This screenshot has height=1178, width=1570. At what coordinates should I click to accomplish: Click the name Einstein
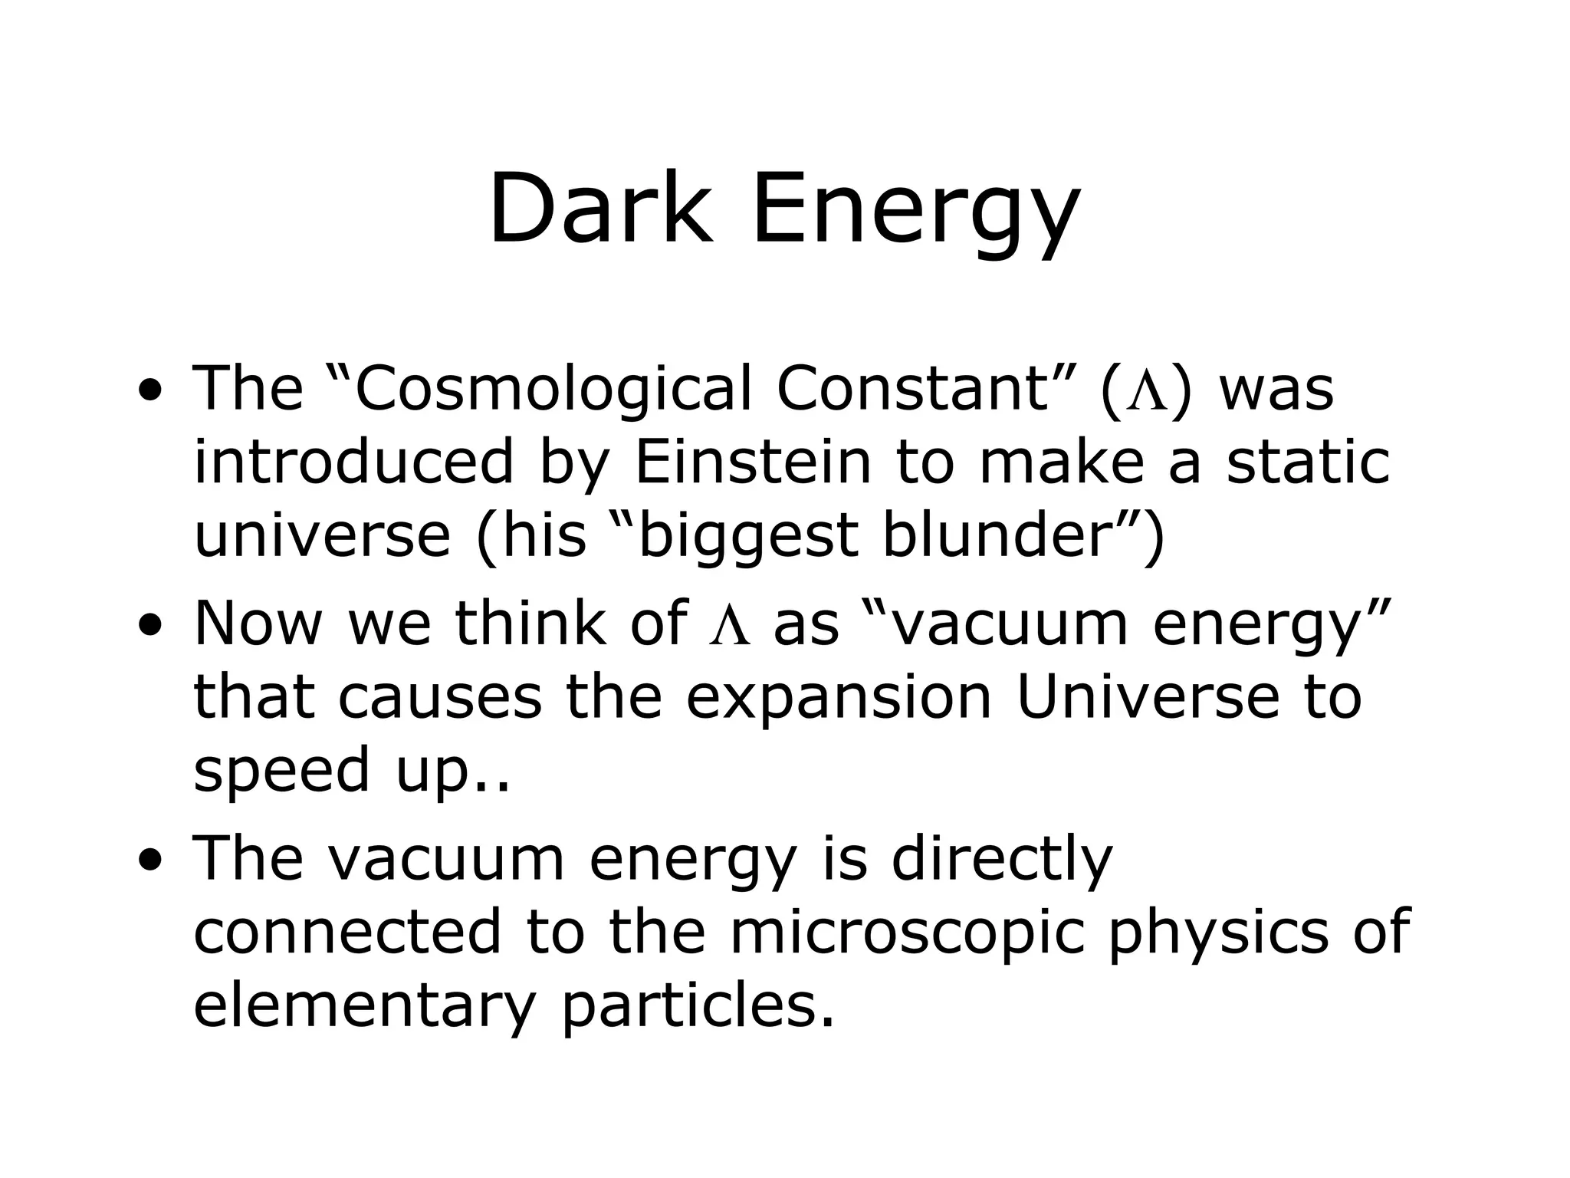(753, 462)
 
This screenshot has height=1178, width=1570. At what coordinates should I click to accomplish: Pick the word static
(1308, 462)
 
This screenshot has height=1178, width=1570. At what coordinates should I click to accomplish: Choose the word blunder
(997, 536)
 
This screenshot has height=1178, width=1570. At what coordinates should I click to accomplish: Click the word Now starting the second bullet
(258, 624)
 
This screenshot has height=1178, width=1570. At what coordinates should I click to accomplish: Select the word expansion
(839, 697)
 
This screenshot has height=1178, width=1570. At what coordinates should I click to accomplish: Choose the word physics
(1217, 932)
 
